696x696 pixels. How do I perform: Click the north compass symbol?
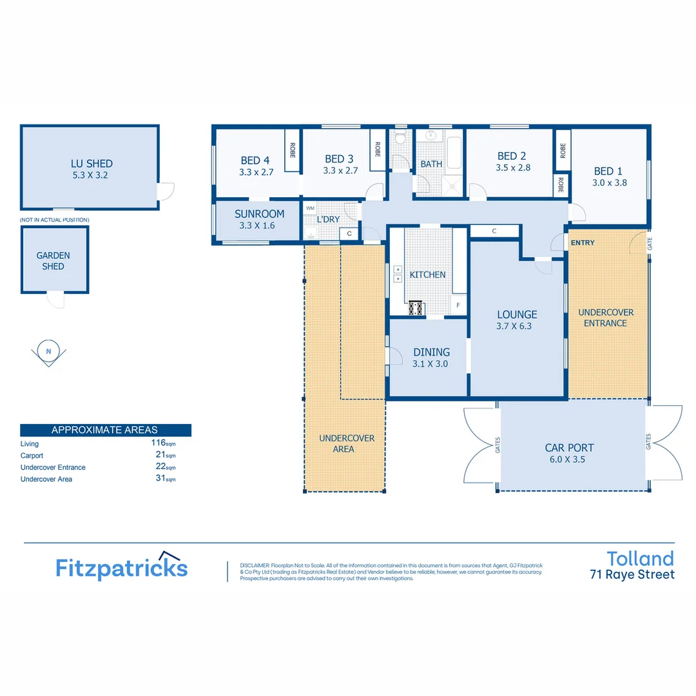[48, 352]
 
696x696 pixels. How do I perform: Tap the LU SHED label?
[92, 164]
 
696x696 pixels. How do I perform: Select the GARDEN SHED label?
[53, 260]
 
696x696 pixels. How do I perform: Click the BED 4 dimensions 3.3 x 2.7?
[256, 172]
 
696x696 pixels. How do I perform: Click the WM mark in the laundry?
[310, 208]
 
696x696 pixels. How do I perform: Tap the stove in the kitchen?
[416, 308]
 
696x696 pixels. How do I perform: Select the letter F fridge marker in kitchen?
[459, 305]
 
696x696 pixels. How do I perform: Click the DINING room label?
[431, 352]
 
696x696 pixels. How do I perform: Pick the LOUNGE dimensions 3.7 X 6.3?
[517, 326]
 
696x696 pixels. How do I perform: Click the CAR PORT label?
[569, 448]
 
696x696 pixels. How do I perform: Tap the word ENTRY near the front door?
[583, 242]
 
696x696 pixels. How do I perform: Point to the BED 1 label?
[608, 171]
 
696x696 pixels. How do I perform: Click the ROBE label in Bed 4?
[292, 150]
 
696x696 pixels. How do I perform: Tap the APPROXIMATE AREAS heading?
[104, 430]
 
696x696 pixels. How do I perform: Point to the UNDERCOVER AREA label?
[347, 443]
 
